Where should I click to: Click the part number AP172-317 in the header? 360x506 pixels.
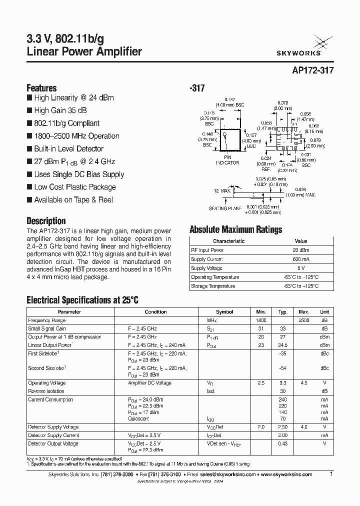point(312,71)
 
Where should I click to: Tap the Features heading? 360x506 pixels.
point(41,87)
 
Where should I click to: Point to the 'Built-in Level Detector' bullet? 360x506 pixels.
point(68,148)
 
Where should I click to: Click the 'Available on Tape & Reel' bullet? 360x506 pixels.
point(73,199)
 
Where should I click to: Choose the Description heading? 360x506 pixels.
point(46,220)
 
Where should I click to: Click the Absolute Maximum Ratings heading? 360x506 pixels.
point(235,229)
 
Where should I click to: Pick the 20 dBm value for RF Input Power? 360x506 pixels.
point(301,250)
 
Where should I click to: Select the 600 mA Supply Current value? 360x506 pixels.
point(301,259)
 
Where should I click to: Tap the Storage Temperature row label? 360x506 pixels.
point(213,286)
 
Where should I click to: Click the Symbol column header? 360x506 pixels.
point(224,311)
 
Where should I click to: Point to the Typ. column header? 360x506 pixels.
point(283,311)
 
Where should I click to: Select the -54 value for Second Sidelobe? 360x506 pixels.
point(283,368)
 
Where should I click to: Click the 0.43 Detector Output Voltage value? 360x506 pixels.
point(283,443)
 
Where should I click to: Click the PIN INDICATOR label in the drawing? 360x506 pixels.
point(227,160)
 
